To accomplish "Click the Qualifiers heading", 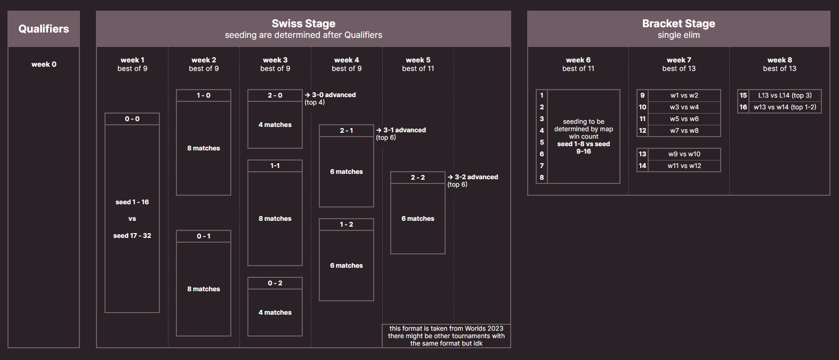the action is click(44, 29).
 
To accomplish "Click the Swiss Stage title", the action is click(303, 23).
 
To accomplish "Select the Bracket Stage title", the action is click(679, 23).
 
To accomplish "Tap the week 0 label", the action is click(44, 64).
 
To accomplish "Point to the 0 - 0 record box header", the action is click(132, 119).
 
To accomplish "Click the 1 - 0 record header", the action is click(204, 95).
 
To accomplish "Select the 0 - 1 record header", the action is click(204, 236).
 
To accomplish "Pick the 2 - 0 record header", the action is click(275, 95).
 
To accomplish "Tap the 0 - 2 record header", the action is click(275, 283).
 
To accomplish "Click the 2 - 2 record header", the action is click(417, 177).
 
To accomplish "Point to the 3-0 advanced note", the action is click(330, 99).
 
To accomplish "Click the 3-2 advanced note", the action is click(473, 181).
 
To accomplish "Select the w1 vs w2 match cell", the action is click(684, 95).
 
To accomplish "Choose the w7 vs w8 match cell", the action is click(684, 130).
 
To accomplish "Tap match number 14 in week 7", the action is click(642, 165).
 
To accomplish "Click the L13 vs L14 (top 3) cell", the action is click(785, 95).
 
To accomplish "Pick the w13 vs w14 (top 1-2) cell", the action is click(785, 107).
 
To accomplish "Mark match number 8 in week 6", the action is click(542, 177).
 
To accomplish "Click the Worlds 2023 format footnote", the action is click(446, 335).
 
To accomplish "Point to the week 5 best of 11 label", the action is click(418, 64).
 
